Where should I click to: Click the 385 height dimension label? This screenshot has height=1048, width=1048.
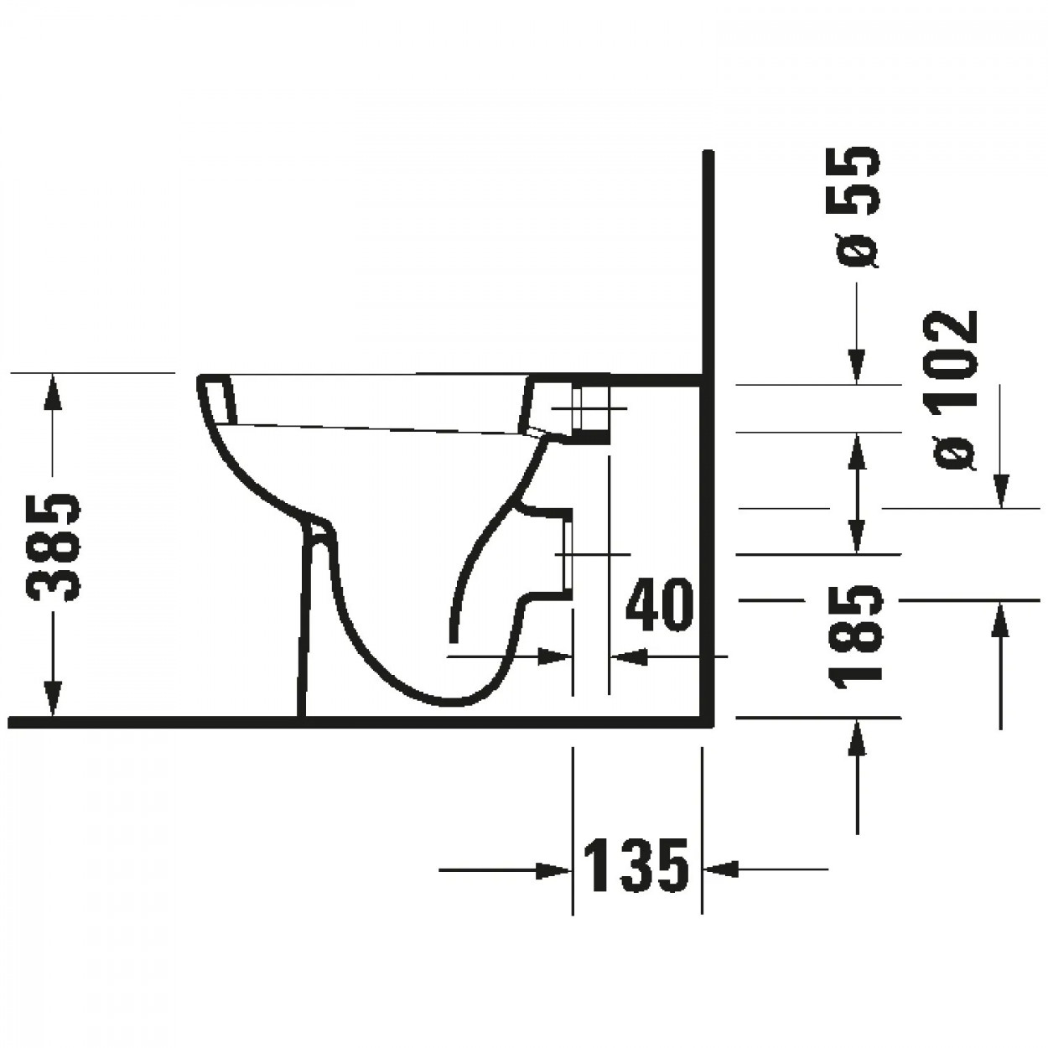pyautogui.click(x=54, y=547)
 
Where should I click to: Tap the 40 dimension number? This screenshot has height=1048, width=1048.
pyautogui.click(x=660, y=605)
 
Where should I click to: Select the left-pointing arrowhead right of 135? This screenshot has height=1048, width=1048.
pyautogui.click(x=720, y=870)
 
